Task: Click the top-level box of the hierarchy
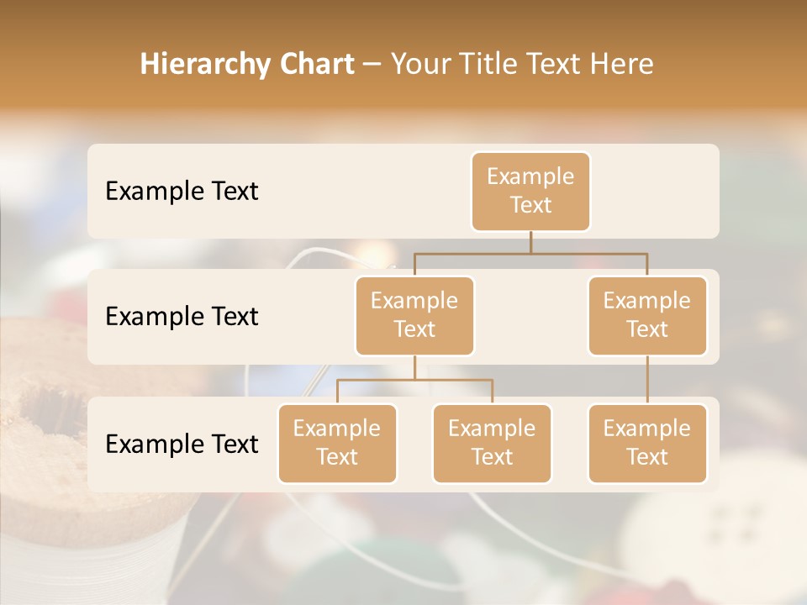click(530, 191)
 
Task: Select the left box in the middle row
click(414, 315)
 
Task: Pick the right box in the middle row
click(647, 315)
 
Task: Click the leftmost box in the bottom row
click(337, 443)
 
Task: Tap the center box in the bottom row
click(492, 443)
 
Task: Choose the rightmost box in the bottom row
click(647, 443)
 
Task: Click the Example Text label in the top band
click(182, 192)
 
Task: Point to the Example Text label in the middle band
click(182, 317)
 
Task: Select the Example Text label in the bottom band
click(182, 445)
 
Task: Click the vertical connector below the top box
click(530, 242)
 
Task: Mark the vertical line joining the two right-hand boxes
click(647, 380)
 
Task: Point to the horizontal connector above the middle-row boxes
click(530, 253)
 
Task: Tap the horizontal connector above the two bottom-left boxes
click(414, 380)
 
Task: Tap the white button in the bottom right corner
click(723, 538)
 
